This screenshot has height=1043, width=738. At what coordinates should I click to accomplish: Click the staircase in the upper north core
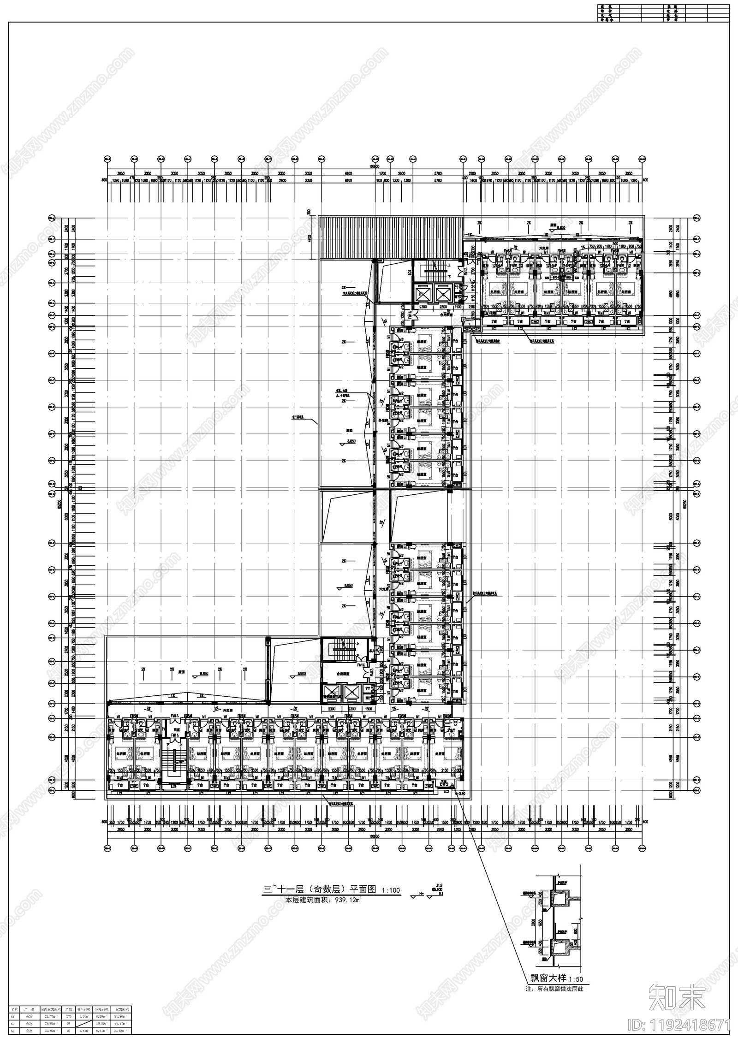pos(433,269)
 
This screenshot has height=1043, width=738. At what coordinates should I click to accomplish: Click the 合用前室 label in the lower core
pos(342,673)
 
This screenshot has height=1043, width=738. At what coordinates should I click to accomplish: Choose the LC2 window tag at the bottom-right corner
pos(446,792)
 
